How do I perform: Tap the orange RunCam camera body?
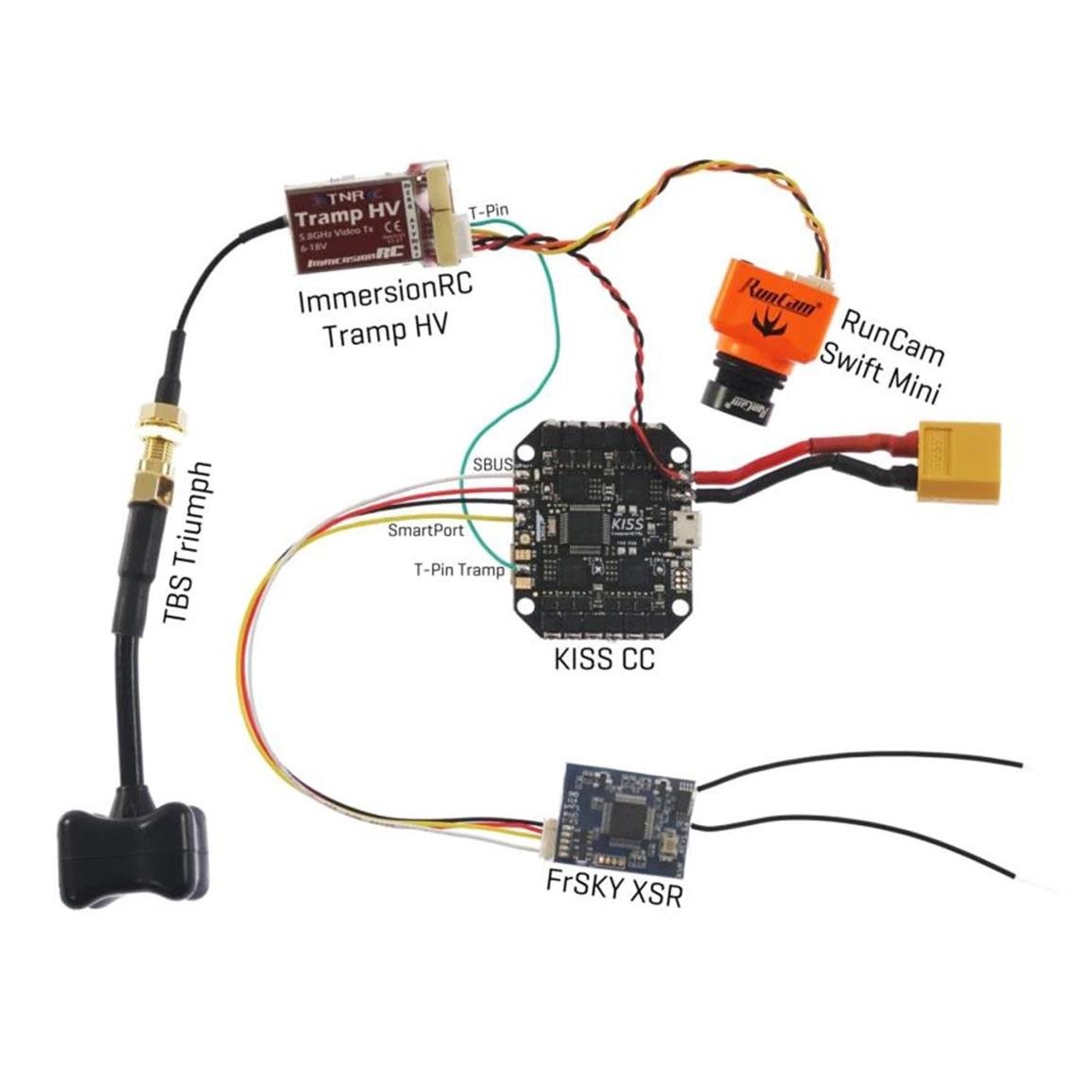coord(770,312)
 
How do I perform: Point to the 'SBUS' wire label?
coord(492,465)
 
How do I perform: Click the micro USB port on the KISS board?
coord(689,532)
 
